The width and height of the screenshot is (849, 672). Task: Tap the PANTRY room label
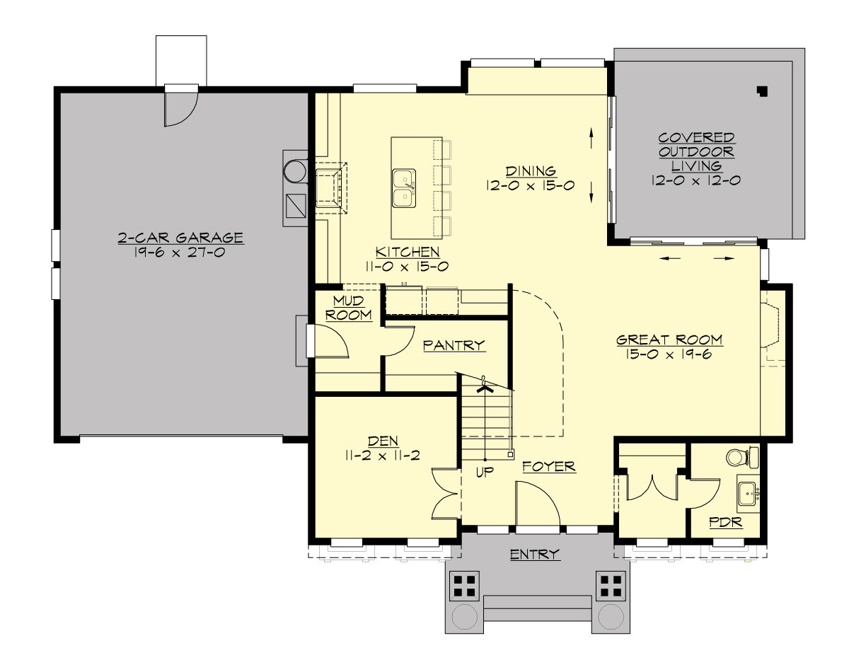[454, 345]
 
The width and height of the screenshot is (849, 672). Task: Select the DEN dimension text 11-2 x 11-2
[382, 456]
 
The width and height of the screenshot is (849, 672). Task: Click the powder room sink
[748, 493]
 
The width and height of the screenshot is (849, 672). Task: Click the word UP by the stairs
[484, 472]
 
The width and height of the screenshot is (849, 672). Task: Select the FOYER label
[548, 467]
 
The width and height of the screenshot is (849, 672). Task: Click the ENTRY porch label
[535, 555]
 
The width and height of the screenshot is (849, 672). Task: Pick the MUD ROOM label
[348, 308]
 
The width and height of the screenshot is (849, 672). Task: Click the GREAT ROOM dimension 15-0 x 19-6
[669, 354]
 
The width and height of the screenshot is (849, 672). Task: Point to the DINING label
[531, 171]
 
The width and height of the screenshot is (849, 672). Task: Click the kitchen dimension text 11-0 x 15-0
[408, 267]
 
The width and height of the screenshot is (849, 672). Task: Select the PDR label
[725, 523]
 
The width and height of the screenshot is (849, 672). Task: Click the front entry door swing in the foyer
[538, 506]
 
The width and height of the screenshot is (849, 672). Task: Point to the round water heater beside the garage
[294, 172]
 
